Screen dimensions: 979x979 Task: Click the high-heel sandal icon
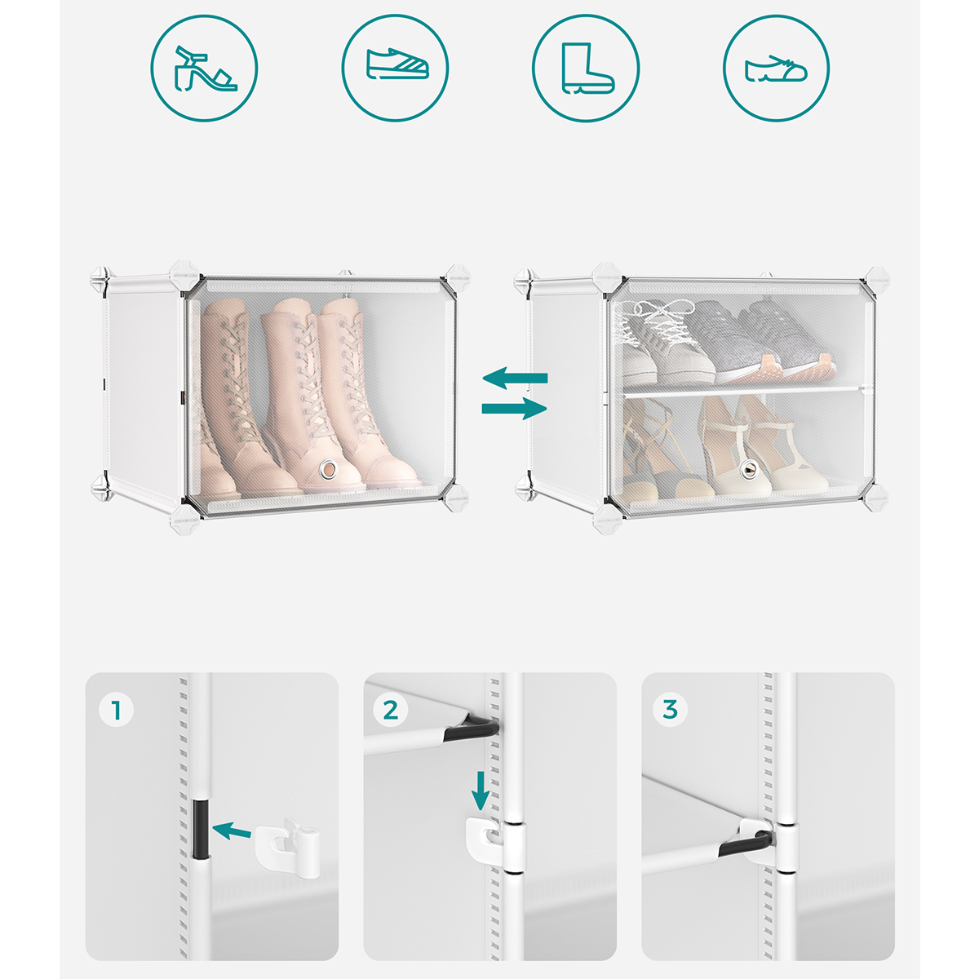click(205, 69)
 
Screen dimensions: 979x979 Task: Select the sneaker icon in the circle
click(397, 64)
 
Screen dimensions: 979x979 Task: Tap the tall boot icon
click(587, 68)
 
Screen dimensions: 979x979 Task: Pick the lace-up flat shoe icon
click(776, 69)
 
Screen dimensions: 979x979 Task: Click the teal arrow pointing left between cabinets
click(515, 378)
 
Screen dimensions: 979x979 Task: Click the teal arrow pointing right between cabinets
click(514, 409)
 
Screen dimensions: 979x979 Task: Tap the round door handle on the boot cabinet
click(329, 468)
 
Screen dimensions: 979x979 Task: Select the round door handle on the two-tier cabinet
click(747, 469)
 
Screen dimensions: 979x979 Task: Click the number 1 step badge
click(117, 711)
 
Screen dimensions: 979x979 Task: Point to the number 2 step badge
click(390, 711)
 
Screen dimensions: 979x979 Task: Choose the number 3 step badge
click(670, 709)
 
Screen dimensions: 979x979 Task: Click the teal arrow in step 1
click(232, 831)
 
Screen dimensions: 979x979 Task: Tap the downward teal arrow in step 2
click(480, 791)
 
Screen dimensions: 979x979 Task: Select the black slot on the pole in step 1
click(201, 829)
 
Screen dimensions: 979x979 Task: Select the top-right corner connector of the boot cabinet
click(457, 278)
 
